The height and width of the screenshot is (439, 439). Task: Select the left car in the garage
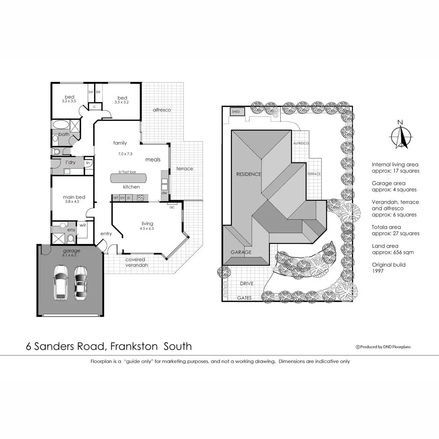(61, 282)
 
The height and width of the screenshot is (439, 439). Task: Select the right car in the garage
(80, 283)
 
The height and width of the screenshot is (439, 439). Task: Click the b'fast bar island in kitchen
(129, 178)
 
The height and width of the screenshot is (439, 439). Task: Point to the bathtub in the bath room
(59, 125)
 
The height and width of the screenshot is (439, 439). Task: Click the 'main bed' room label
(74, 197)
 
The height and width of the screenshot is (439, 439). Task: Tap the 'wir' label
(83, 225)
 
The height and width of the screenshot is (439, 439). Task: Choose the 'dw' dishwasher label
(164, 193)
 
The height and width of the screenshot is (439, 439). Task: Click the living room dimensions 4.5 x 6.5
(147, 229)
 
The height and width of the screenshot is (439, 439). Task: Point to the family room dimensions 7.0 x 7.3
(125, 154)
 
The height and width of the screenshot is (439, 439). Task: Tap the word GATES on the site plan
(244, 298)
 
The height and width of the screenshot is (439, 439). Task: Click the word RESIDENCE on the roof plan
(248, 174)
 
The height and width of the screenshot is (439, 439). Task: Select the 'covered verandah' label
(136, 262)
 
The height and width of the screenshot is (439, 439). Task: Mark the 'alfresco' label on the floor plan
(162, 110)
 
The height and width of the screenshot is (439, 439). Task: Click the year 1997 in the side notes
(378, 271)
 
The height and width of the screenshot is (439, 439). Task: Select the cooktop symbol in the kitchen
(140, 198)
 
